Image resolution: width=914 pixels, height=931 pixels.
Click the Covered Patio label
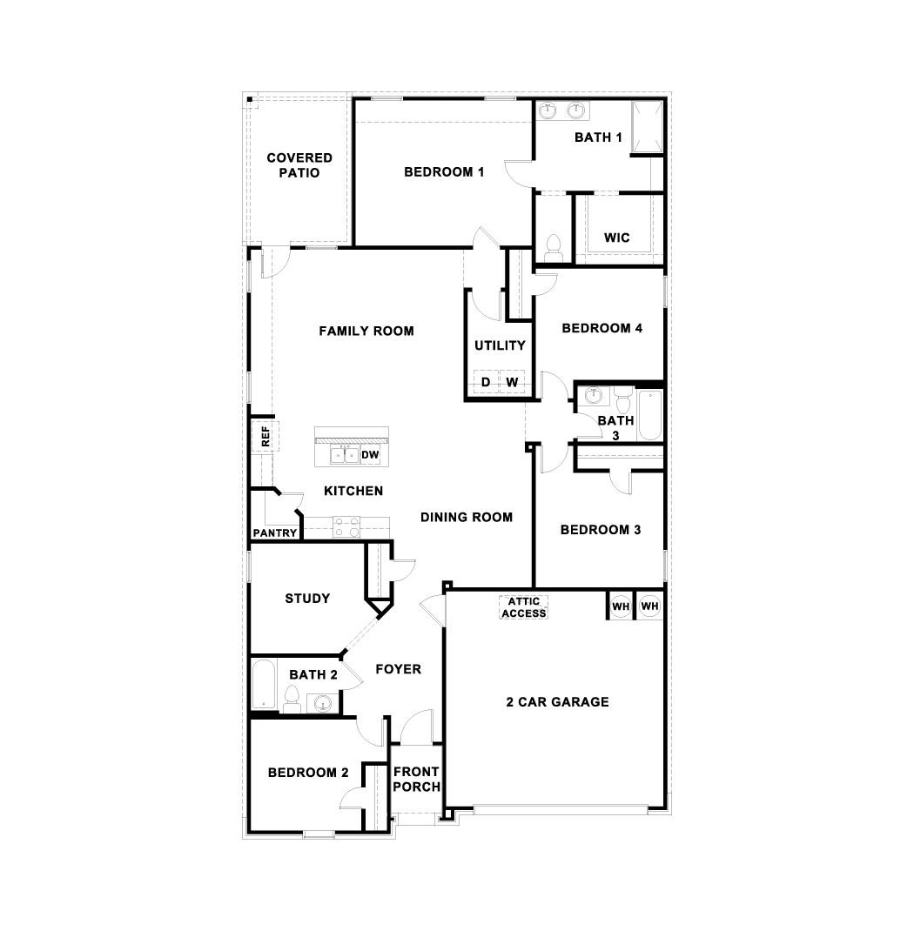[299, 165]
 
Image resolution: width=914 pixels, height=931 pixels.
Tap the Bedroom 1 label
[444, 172]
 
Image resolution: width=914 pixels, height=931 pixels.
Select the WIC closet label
[616, 238]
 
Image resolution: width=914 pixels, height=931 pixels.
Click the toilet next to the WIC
[554, 248]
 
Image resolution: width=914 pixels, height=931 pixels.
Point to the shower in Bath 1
[647, 126]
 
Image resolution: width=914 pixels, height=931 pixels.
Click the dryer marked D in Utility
[486, 382]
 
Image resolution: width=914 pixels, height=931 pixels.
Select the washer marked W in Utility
[512, 382]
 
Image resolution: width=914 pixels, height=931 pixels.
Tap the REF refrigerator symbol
[265, 437]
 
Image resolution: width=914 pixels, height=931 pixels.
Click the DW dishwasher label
[370, 455]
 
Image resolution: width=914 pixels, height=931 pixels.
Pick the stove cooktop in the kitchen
[346, 526]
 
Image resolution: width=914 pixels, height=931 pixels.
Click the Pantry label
[274, 533]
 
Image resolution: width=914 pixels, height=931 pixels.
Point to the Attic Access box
[523, 607]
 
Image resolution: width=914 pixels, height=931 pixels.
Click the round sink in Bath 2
[323, 704]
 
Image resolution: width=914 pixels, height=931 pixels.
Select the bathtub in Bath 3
[649, 415]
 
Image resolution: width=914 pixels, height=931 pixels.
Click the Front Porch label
[416, 779]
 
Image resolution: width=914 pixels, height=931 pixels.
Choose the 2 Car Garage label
[557, 702]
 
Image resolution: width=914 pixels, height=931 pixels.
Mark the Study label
[307, 599]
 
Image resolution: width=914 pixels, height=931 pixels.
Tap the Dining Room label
[467, 517]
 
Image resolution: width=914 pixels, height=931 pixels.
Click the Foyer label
[398, 669]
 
